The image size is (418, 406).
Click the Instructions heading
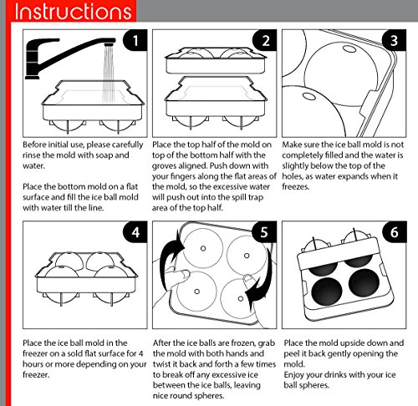(73, 12)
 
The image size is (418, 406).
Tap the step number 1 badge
(135, 40)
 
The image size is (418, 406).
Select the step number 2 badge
(265, 40)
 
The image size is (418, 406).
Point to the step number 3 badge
(394, 40)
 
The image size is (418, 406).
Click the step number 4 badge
(135, 232)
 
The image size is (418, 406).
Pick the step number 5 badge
(264, 232)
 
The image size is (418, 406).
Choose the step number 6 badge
(394, 232)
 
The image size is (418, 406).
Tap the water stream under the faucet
(109, 74)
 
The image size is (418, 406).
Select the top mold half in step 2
(216, 60)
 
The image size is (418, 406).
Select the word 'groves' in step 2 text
(164, 166)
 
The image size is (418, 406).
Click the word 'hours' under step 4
(33, 364)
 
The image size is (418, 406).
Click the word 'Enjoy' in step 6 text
(293, 375)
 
